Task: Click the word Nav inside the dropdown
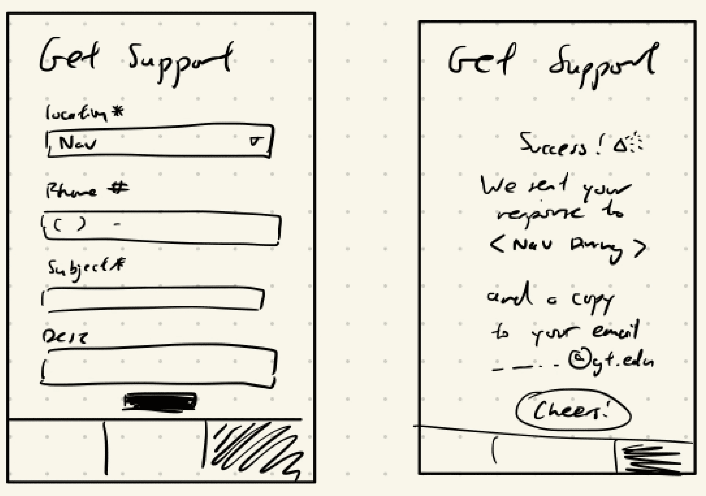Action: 77,143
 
